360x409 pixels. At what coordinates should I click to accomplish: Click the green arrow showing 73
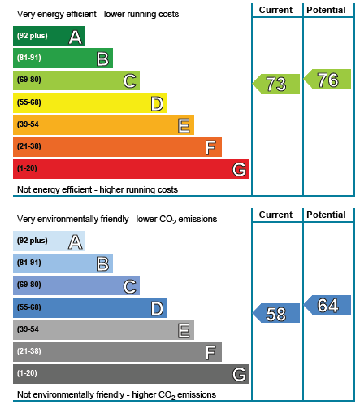(x=276, y=84)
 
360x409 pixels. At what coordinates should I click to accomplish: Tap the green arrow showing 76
(x=327, y=79)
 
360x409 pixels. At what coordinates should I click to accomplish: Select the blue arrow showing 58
(x=276, y=313)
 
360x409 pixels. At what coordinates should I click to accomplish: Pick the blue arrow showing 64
(x=327, y=305)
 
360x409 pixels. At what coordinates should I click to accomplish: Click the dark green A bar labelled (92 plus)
(x=49, y=37)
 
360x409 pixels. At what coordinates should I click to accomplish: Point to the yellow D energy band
(x=90, y=103)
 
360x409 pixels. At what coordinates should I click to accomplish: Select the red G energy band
(x=131, y=169)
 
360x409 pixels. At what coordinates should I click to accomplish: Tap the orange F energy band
(x=117, y=147)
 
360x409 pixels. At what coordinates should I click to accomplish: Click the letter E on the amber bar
(x=184, y=126)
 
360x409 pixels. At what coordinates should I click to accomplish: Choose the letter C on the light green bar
(x=129, y=81)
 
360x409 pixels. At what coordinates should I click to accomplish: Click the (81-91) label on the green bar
(x=29, y=58)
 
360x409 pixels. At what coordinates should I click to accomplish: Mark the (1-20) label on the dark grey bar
(x=27, y=373)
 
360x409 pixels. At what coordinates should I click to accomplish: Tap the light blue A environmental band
(x=49, y=241)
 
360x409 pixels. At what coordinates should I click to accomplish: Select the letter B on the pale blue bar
(x=102, y=264)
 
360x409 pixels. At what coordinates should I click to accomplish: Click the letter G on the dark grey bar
(x=240, y=375)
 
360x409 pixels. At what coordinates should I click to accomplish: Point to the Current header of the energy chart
(x=275, y=10)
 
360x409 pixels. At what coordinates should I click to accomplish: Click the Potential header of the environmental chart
(x=326, y=215)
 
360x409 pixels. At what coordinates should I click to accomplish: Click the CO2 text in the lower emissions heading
(x=168, y=220)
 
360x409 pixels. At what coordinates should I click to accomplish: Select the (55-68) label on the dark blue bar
(x=29, y=307)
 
